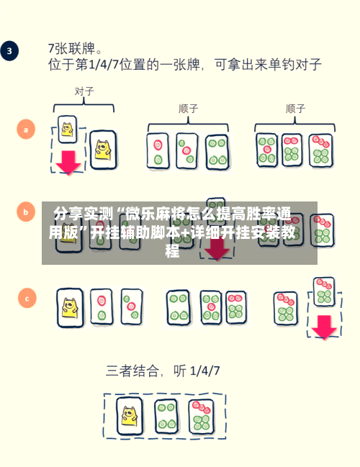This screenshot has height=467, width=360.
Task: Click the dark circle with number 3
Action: (9, 50)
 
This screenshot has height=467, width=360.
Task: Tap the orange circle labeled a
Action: (26, 130)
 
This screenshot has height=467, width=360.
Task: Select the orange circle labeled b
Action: (26, 212)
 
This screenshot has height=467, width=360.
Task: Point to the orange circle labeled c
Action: (27, 298)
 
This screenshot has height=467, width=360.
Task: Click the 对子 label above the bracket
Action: (84, 91)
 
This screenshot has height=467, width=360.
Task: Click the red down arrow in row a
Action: (68, 163)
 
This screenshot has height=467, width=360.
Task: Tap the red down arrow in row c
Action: (324, 327)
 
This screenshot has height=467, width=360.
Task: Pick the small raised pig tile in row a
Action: (67, 130)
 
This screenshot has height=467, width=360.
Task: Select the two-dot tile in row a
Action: (158, 151)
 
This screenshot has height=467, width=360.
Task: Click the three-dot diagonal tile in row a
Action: (187, 150)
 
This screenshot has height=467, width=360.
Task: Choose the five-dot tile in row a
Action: (266, 150)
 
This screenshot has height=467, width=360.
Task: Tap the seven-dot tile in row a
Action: (320, 150)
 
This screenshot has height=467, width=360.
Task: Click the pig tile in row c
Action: (71, 308)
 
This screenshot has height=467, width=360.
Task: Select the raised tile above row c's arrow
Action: (324, 292)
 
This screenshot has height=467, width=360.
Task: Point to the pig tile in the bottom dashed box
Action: (130, 416)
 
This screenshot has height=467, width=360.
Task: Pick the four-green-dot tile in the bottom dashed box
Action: (166, 416)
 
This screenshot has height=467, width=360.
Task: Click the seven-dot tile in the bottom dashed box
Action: (202, 417)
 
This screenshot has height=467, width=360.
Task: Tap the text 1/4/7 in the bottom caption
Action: (204, 371)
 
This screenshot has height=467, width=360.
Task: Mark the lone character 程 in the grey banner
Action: (173, 251)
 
